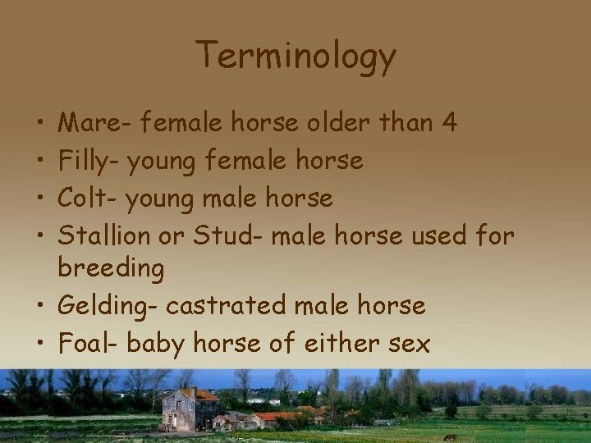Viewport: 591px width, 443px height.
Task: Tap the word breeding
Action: (111, 268)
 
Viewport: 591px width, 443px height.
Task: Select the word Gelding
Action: (108, 307)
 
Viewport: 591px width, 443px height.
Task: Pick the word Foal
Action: (88, 342)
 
